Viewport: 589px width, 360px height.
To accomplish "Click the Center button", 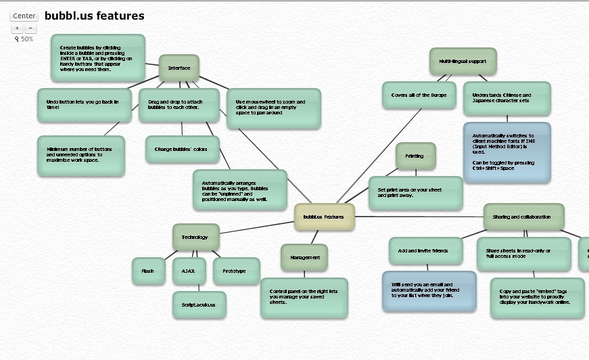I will [24, 16].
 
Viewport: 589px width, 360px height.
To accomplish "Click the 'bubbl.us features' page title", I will [94, 16].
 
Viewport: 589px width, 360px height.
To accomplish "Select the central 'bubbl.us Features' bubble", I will [324, 217].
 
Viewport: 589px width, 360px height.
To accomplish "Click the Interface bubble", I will [179, 68].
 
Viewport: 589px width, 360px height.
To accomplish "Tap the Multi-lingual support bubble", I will [463, 61].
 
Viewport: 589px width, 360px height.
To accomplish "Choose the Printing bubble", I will [415, 156].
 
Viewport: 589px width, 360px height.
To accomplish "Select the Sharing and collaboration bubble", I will [523, 217].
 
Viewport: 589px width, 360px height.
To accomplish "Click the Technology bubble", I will [195, 237].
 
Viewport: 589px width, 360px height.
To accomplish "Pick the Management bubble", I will [304, 257].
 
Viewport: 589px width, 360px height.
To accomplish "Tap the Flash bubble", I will [148, 271].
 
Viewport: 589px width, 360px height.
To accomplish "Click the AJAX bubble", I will [188, 271].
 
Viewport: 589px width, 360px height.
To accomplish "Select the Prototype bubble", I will [236, 271].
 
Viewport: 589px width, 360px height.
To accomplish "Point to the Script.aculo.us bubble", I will [198, 305].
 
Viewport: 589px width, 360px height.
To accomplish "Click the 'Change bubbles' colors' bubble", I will [182, 149].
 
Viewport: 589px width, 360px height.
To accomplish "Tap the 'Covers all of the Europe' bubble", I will [419, 95].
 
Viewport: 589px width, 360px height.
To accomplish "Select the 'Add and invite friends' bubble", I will [425, 250].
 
